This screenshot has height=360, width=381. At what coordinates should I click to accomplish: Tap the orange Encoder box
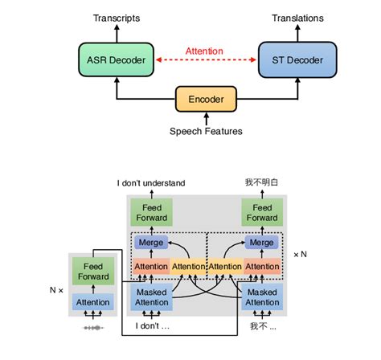[x=207, y=100]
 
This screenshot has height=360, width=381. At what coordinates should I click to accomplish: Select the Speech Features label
[x=207, y=131]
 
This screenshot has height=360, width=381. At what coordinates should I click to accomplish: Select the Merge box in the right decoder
[x=260, y=242]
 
